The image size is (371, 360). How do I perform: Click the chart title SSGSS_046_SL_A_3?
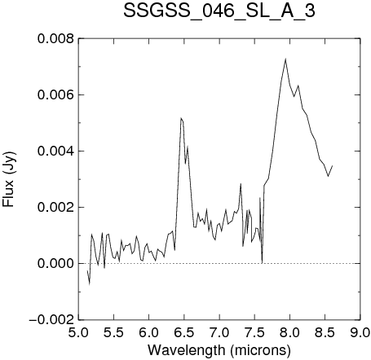tap(219, 11)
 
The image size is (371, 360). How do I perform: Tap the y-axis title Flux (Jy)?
tap(9, 179)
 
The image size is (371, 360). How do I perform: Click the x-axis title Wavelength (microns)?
tap(219, 349)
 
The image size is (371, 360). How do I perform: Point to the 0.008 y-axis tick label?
tap(55, 38)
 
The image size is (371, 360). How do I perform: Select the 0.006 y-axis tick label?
tap(55, 94)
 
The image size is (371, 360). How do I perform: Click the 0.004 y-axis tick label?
tap(55, 151)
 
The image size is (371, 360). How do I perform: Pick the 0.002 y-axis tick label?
tap(55, 207)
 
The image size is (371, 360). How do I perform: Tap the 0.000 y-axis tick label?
tap(55, 263)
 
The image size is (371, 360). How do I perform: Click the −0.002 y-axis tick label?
tap(51, 319)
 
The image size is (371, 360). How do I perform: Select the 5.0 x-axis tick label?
tap(78, 332)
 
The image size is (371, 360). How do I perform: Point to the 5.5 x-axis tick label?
tap(113, 332)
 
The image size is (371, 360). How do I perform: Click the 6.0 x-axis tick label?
tap(149, 332)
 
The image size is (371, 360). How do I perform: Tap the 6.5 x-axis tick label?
tap(184, 332)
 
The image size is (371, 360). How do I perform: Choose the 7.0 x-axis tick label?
tap(219, 332)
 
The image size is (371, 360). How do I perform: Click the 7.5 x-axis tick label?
tap(254, 332)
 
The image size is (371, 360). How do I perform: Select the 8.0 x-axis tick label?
tap(289, 332)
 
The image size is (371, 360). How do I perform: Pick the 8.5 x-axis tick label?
tap(325, 332)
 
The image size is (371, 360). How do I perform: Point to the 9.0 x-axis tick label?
tap(360, 332)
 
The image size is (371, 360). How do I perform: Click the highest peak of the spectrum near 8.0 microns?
tap(285, 59)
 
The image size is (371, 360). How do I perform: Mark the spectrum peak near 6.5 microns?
tap(181, 118)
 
